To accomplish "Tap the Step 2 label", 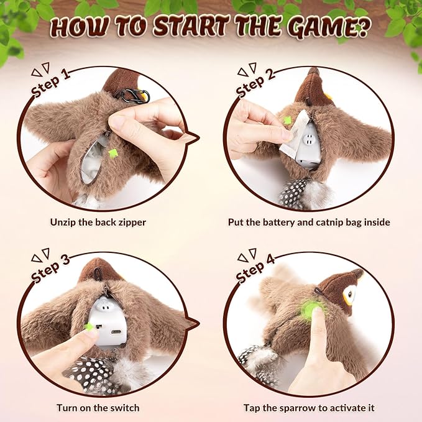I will [254, 81].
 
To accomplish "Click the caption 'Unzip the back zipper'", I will [99, 221].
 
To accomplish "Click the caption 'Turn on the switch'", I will [99, 408].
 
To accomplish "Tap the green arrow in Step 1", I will [112, 153].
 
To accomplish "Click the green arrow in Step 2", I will [287, 133].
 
